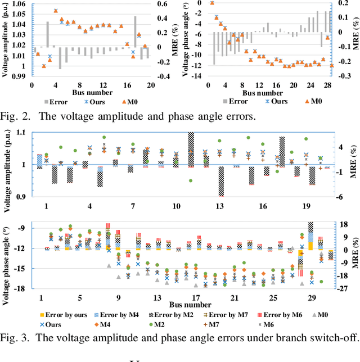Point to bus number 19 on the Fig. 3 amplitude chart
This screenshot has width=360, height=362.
click(305, 206)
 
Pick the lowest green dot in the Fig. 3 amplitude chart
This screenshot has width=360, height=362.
click(191, 181)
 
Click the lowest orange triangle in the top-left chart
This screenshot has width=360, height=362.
click(44, 66)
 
